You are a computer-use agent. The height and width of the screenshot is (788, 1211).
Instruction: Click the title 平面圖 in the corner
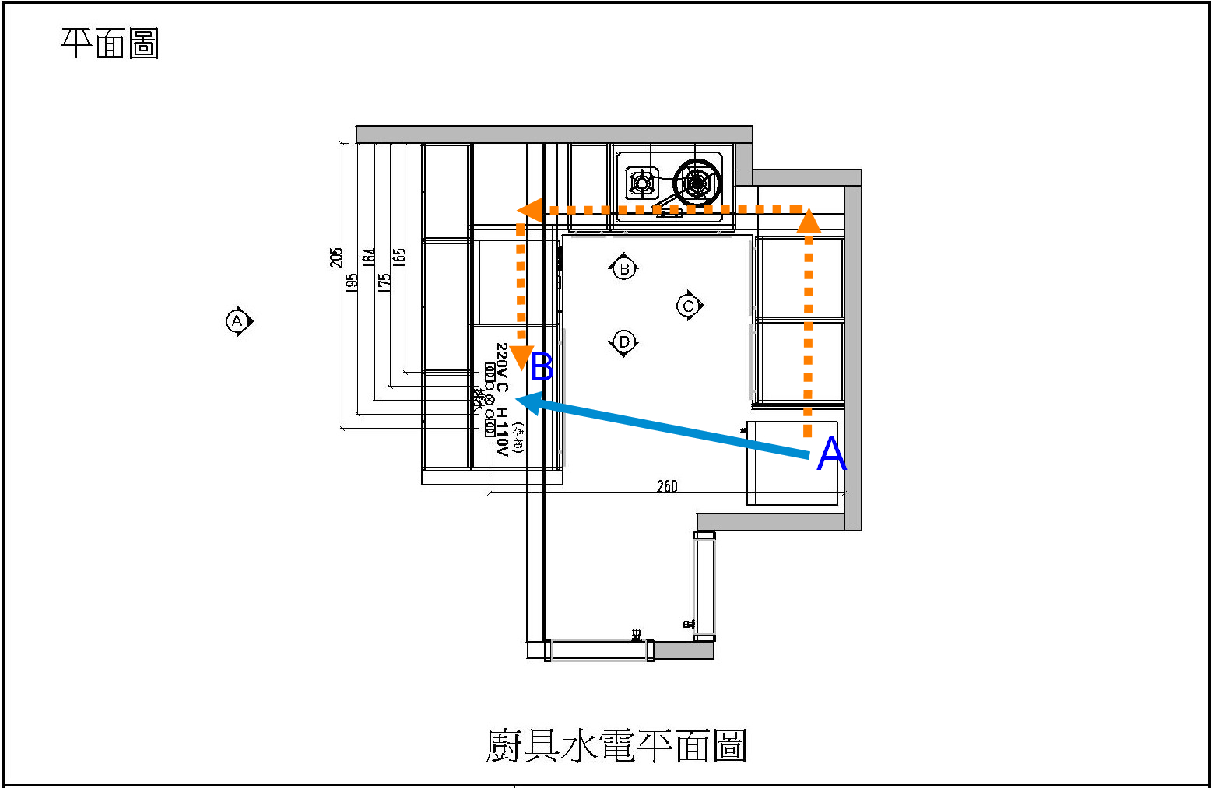click(110, 44)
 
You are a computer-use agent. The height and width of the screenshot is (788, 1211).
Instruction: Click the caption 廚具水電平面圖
click(616, 745)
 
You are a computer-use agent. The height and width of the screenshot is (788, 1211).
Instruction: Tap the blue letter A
click(831, 454)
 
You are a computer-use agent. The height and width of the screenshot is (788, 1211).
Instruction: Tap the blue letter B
click(542, 367)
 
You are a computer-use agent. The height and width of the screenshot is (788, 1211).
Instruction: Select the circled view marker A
click(237, 320)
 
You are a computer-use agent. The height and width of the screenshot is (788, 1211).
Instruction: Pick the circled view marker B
click(623, 269)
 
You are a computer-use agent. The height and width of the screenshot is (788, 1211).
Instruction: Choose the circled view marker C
click(688, 306)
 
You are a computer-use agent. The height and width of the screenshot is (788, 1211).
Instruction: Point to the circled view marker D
click(623, 342)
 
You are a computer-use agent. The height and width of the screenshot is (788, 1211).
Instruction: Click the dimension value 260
click(667, 487)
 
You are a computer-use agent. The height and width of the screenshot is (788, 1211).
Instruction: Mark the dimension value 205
click(336, 257)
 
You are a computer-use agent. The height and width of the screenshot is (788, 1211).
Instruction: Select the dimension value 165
click(399, 257)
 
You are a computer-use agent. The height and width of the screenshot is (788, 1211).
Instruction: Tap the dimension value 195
click(352, 282)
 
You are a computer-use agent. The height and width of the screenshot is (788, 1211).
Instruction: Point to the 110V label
click(502, 437)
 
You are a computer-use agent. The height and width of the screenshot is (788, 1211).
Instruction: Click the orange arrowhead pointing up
click(809, 221)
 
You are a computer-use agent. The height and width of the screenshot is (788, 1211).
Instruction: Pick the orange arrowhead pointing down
click(521, 358)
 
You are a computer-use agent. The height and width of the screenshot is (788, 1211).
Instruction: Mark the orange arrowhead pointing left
click(530, 210)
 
